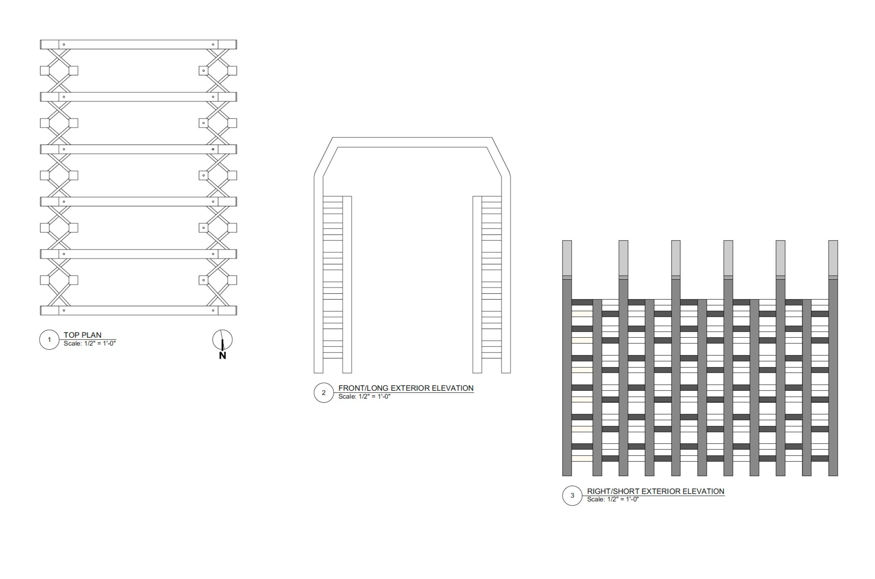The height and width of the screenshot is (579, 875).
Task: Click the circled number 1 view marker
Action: pyautogui.click(x=49, y=340)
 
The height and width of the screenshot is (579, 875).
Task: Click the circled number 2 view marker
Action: pyautogui.click(x=324, y=393)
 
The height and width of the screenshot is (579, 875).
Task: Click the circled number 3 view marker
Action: pyautogui.click(x=572, y=495)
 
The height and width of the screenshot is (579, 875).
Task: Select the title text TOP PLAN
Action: pyautogui.click(x=82, y=335)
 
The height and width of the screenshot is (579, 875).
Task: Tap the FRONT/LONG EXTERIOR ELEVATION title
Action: pyautogui.click(x=406, y=388)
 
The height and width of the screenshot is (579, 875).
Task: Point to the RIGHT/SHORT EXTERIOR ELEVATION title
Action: pyautogui.click(x=655, y=491)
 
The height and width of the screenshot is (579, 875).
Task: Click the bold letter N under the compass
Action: pyautogui.click(x=223, y=356)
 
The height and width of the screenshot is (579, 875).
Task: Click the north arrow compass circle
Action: pyautogui.click(x=223, y=340)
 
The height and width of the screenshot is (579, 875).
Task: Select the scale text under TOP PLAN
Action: pyautogui.click(x=90, y=343)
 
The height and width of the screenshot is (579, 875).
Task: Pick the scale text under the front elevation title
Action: pyautogui.click(x=364, y=397)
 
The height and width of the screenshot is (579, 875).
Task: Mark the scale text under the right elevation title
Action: pyautogui.click(x=613, y=499)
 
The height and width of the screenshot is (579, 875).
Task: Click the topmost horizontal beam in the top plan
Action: pyautogui.click(x=138, y=45)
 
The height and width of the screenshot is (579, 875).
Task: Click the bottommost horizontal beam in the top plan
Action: pyautogui.click(x=138, y=310)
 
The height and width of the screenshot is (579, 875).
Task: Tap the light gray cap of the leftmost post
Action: pyautogui.click(x=567, y=258)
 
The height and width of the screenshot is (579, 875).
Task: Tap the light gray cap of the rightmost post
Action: pyautogui.click(x=833, y=258)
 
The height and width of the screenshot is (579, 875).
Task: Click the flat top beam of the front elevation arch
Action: pyautogui.click(x=412, y=142)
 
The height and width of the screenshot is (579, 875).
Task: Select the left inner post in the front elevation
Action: pyautogui.click(x=347, y=284)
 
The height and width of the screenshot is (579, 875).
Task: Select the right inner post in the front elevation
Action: pyautogui.click(x=477, y=284)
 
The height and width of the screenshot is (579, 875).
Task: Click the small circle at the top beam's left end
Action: pyautogui.click(x=64, y=45)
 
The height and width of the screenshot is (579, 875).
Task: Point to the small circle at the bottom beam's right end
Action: pyautogui.click(x=213, y=310)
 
